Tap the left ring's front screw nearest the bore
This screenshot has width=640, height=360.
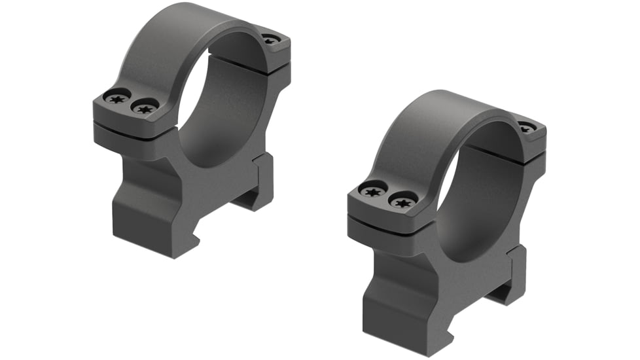[145, 108]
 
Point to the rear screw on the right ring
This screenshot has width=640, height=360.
[526, 127]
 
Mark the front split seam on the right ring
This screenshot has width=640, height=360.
[386, 217]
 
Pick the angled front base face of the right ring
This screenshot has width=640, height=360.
[399, 308]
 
